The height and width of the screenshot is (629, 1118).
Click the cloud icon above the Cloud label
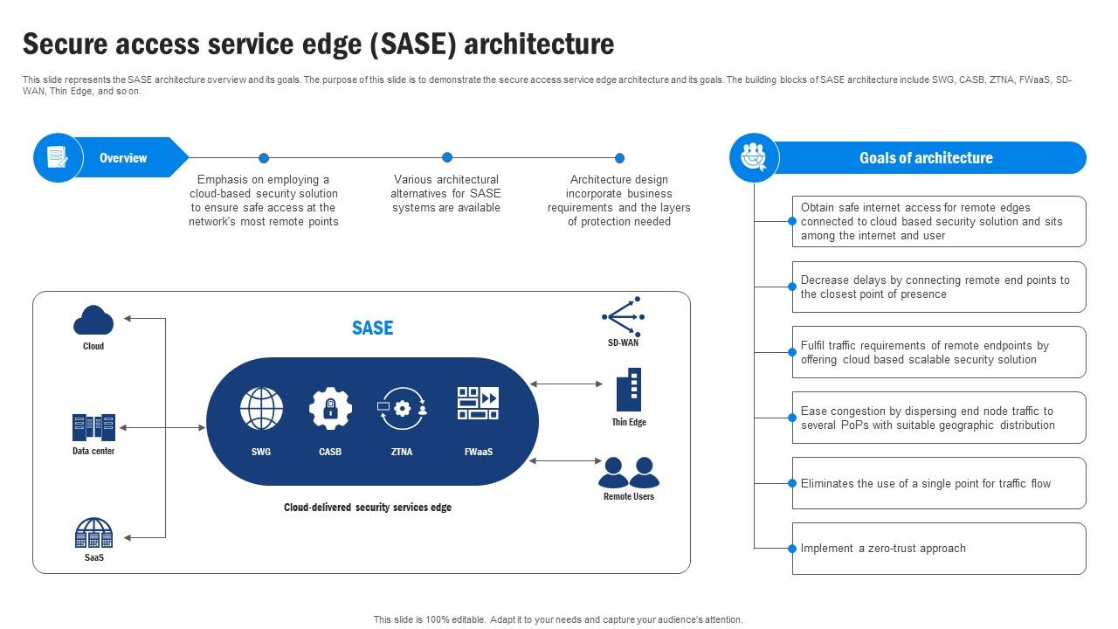pyautogui.click(x=93, y=321)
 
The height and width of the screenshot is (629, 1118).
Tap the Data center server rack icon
pyautogui.click(x=93, y=427)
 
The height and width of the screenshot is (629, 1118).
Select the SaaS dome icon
pyautogui.click(x=93, y=533)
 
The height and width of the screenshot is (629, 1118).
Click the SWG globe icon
pyautogui.click(x=261, y=409)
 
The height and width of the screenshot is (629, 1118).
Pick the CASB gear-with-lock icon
pyautogui.click(x=330, y=408)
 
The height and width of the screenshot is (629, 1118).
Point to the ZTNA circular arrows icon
pyautogui.click(x=402, y=408)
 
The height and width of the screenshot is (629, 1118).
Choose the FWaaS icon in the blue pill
pyautogui.click(x=478, y=404)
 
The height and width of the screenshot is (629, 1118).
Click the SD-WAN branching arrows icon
pyautogui.click(x=623, y=316)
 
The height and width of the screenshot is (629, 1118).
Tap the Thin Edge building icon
pyautogui.click(x=629, y=390)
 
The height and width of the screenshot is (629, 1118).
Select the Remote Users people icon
pyautogui.click(x=629, y=473)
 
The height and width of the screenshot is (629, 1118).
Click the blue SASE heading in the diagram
pyautogui.click(x=372, y=328)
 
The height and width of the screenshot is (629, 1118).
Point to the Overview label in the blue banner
pyautogui.click(x=123, y=158)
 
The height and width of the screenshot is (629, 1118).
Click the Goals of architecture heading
pyautogui.click(x=926, y=158)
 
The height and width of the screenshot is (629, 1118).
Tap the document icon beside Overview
pyautogui.click(x=58, y=158)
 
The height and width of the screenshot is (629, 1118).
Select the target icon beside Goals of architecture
pyautogui.click(x=753, y=158)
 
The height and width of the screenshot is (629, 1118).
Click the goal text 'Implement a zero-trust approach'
pyautogui.click(x=883, y=549)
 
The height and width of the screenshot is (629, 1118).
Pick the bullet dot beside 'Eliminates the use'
pyautogui.click(x=793, y=483)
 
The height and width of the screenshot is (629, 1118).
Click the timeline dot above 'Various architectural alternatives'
pyautogui.click(x=447, y=157)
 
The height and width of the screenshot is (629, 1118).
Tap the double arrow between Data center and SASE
pyautogui.click(x=162, y=428)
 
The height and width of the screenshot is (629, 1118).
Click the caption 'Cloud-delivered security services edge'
pyautogui.click(x=368, y=508)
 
